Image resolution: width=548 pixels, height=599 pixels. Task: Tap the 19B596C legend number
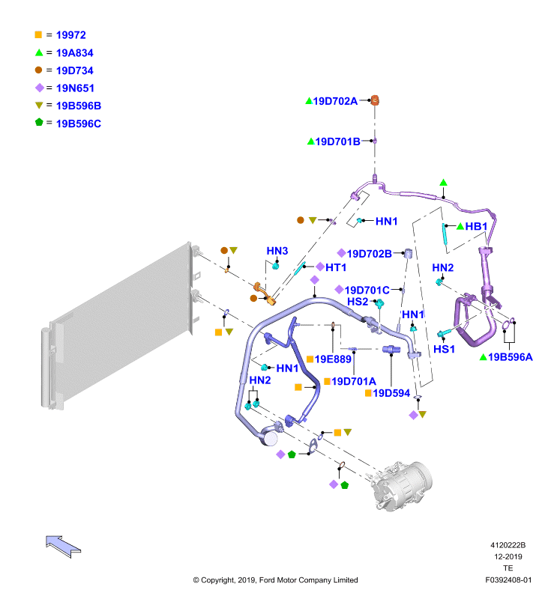pyautogui.click(x=79, y=124)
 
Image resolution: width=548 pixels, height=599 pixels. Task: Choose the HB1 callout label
pyautogui.click(x=477, y=226)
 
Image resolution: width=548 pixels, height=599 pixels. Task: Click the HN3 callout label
pyautogui.click(x=277, y=251)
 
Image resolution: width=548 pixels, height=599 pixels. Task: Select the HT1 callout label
pyautogui.click(x=336, y=267)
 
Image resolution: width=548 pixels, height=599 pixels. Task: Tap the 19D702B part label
pyautogui.click(x=368, y=254)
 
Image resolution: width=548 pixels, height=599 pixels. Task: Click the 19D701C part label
pyautogui.click(x=367, y=290)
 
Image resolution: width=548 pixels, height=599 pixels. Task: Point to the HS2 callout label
pyautogui.click(x=358, y=302)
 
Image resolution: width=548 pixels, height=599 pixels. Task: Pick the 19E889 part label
pyautogui.click(x=334, y=359)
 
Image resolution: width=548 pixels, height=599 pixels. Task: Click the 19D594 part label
pyautogui.click(x=392, y=393)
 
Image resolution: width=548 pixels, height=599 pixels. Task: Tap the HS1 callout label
pyautogui.click(x=444, y=350)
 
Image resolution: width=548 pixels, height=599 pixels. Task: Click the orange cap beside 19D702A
pyautogui.click(x=376, y=100)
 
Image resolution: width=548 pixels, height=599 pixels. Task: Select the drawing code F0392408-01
pyautogui.click(x=508, y=580)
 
